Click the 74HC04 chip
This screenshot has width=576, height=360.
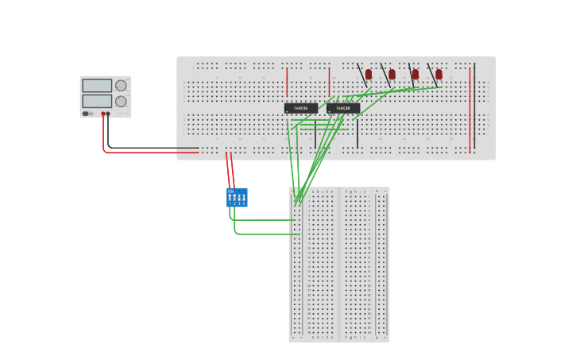click(x=301, y=108)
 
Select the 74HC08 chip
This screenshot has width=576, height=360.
click(x=343, y=108)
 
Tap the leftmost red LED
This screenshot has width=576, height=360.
click(x=368, y=74)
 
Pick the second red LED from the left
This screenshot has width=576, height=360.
click(x=392, y=74)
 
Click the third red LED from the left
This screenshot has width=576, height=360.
click(x=415, y=74)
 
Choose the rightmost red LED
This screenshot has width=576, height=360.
click(x=439, y=74)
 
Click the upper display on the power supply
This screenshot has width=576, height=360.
click(x=97, y=86)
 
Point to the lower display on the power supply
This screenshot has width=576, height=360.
click(x=97, y=102)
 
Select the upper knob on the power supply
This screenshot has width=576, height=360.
click(x=121, y=86)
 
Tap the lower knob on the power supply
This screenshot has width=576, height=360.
click(x=121, y=102)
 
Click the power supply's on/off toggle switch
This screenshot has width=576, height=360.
click(x=86, y=114)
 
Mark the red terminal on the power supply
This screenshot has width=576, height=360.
click(x=103, y=114)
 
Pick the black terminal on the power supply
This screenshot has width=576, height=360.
click(x=108, y=114)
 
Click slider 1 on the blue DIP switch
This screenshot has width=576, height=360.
click(x=230, y=198)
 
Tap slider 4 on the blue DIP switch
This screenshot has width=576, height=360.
click(x=244, y=198)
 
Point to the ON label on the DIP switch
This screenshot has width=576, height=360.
click(x=231, y=192)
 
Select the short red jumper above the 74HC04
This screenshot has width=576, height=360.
click(x=287, y=81)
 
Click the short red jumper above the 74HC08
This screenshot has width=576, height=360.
click(x=329, y=81)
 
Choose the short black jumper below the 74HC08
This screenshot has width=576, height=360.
click(x=357, y=134)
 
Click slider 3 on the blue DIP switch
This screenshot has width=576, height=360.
click(x=239, y=198)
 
